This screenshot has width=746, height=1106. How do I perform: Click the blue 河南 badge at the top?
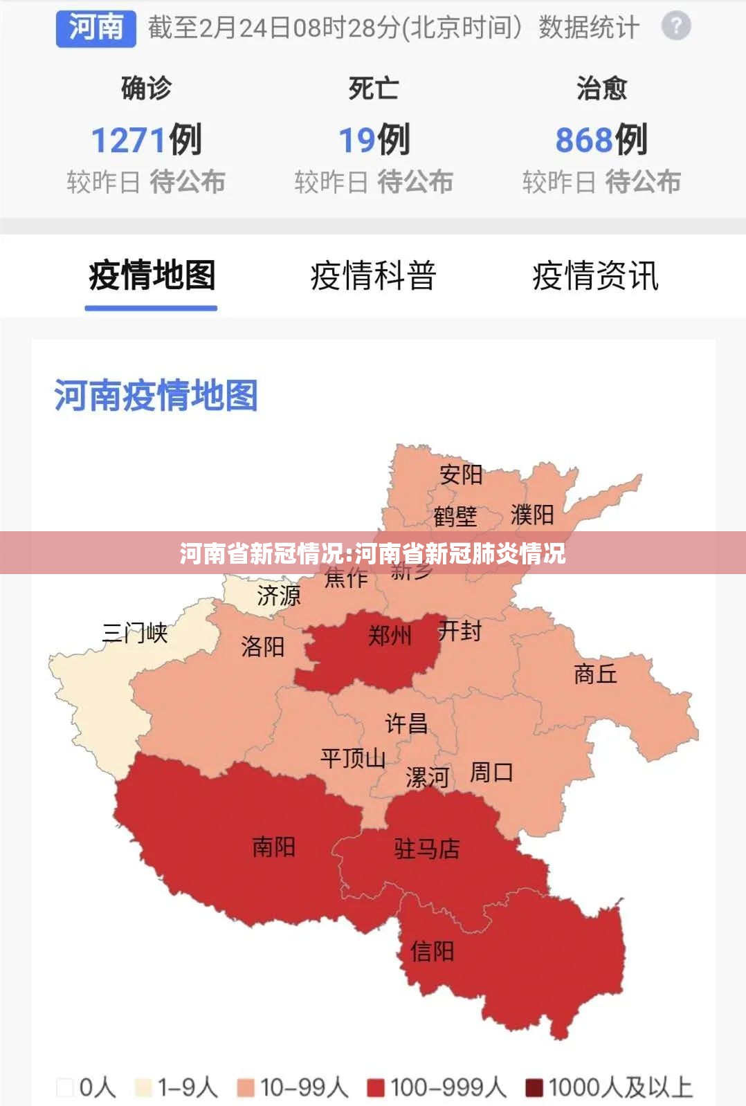pos(95,28)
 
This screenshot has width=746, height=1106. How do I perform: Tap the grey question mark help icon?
pos(676,27)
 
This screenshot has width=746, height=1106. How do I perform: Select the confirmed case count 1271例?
pos(146,140)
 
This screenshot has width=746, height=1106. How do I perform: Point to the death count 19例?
pos(374,140)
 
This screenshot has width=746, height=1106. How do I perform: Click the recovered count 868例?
pos(601,140)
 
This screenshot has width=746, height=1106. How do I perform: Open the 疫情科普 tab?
pos(373,275)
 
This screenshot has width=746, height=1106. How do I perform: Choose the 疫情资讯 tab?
pos(595,275)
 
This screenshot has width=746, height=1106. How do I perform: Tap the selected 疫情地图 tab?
pos(152,275)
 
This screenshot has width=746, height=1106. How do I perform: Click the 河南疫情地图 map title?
pos(156,396)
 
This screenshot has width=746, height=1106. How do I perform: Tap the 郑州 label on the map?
pos(390,635)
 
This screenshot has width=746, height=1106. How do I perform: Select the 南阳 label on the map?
pos(273,847)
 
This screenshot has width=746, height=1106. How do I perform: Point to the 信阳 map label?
pos(432,951)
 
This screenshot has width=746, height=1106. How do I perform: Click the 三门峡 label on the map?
pos(135,632)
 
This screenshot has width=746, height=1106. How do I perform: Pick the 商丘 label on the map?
pos(595,673)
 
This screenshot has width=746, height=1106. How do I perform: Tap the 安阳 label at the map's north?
pos(461,474)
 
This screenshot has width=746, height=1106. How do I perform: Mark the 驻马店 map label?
pos(427,849)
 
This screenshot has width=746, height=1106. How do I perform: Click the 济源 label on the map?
pos(279,595)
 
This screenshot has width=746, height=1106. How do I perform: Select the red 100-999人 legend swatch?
pos(376,1088)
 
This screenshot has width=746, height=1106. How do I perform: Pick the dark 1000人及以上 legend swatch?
pos(534,1088)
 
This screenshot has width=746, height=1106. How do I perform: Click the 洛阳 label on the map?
pos(263,647)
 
